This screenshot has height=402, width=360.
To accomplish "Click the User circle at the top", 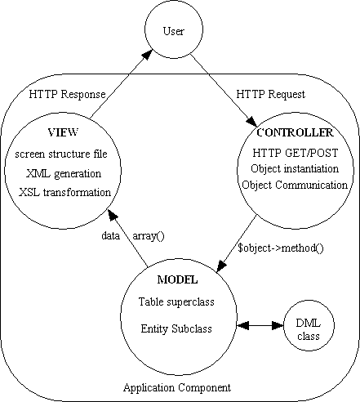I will pyautogui.click(x=174, y=33).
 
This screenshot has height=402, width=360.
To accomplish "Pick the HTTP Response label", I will pyautogui.click(x=67, y=94).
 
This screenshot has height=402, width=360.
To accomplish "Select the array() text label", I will pyautogui.click(x=148, y=236).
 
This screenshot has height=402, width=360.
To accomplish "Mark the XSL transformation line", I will pyautogui.click(x=64, y=192).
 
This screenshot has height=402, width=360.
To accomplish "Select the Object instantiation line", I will pyautogui.click(x=294, y=168).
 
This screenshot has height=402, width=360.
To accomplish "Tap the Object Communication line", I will pyautogui.click(x=294, y=185).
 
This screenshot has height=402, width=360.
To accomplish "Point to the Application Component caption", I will pyautogui.click(x=176, y=386).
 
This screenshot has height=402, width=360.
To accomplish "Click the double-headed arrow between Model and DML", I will pyautogui.click(x=258, y=328).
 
